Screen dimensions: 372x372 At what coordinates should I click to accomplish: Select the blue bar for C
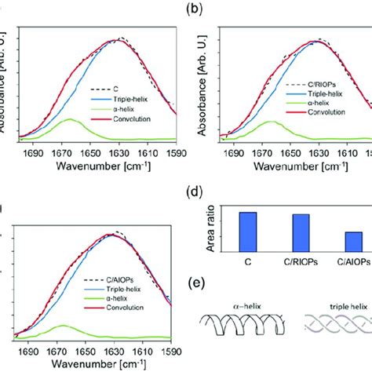pos(247,232)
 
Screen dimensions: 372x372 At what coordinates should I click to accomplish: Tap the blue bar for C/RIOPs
pos(301,232)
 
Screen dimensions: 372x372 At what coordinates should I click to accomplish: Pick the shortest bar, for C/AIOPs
pos(353,241)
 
